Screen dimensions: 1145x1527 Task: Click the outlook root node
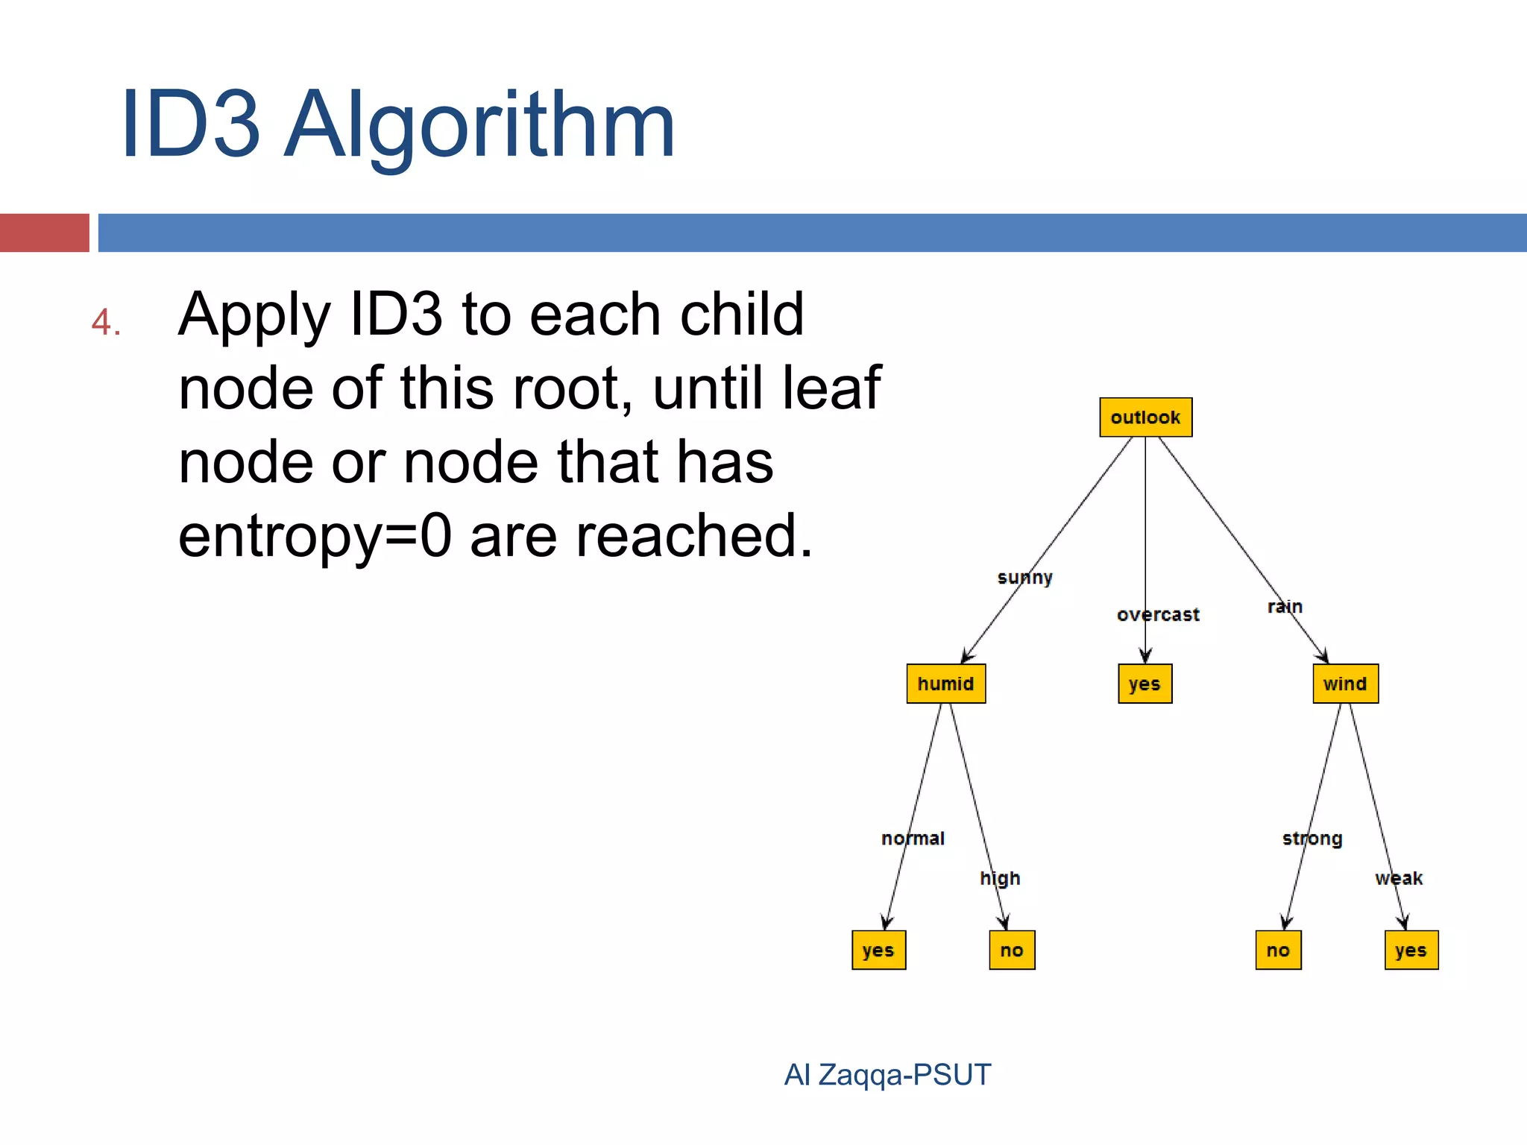tap(1145, 417)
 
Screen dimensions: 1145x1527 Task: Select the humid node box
tap(945, 684)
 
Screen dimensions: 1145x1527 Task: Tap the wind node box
tap(1345, 684)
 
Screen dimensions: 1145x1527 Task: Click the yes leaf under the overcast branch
tap(1145, 684)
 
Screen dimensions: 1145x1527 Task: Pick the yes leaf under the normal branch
tap(878, 950)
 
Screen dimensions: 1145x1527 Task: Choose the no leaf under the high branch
tap(1012, 950)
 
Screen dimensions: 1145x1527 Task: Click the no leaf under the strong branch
tap(1278, 950)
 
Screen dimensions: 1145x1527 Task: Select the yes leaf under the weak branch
tap(1411, 950)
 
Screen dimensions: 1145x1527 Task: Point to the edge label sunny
tap(1024, 578)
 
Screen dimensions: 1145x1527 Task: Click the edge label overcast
tap(1158, 615)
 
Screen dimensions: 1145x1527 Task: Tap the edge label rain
tap(1285, 607)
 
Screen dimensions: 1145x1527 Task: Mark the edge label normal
tap(913, 839)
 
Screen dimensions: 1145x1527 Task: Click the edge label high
tap(1000, 878)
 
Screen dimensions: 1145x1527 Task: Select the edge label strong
tap(1312, 839)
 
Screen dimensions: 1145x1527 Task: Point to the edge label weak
tap(1399, 878)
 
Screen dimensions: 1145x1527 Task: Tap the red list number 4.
tap(105, 323)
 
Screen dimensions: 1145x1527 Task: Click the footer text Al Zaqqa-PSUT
tap(887, 1074)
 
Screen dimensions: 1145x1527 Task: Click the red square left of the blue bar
tap(44, 233)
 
